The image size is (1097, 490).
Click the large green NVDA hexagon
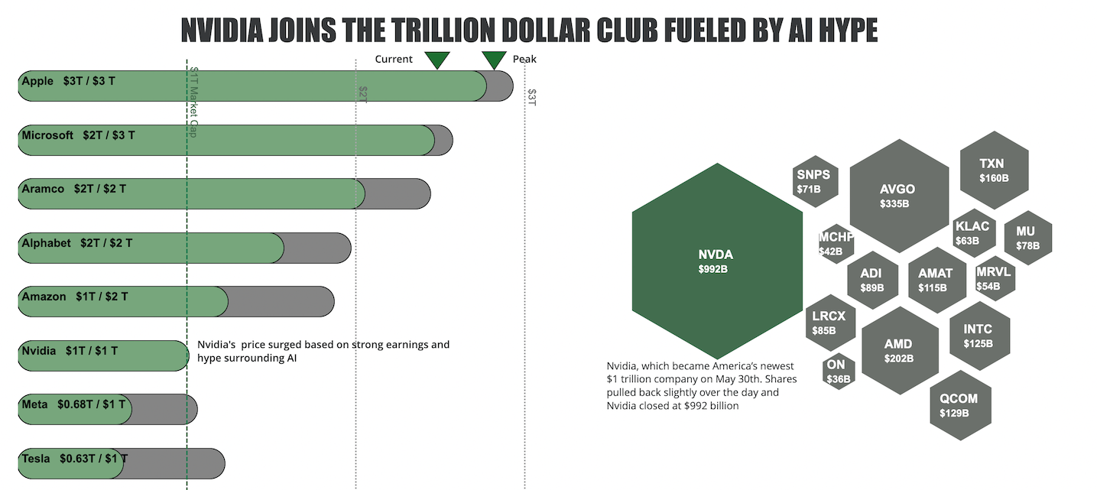click(x=717, y=261)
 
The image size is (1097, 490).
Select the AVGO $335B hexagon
click(x=898, y=196)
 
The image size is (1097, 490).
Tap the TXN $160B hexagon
click(x=994, y=170)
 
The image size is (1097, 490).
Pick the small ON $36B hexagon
click(x=839, y=371)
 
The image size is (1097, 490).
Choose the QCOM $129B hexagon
click(x=959, y=405)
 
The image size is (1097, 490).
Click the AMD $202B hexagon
click(x=899, y=351)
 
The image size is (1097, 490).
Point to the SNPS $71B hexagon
click(x=815, y=180)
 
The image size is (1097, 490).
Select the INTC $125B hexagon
click(x=979, y=336)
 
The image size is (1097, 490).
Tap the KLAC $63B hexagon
click(x=973, y=232)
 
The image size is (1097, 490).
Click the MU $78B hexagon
click(x=1028, y=238)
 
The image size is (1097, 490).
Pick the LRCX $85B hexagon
click(x=829, y=323)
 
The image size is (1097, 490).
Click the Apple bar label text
click(x=69, y=81)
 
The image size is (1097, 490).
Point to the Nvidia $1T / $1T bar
click(x=103, y=355)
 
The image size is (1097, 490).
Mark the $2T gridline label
click(x=363, y=93)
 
